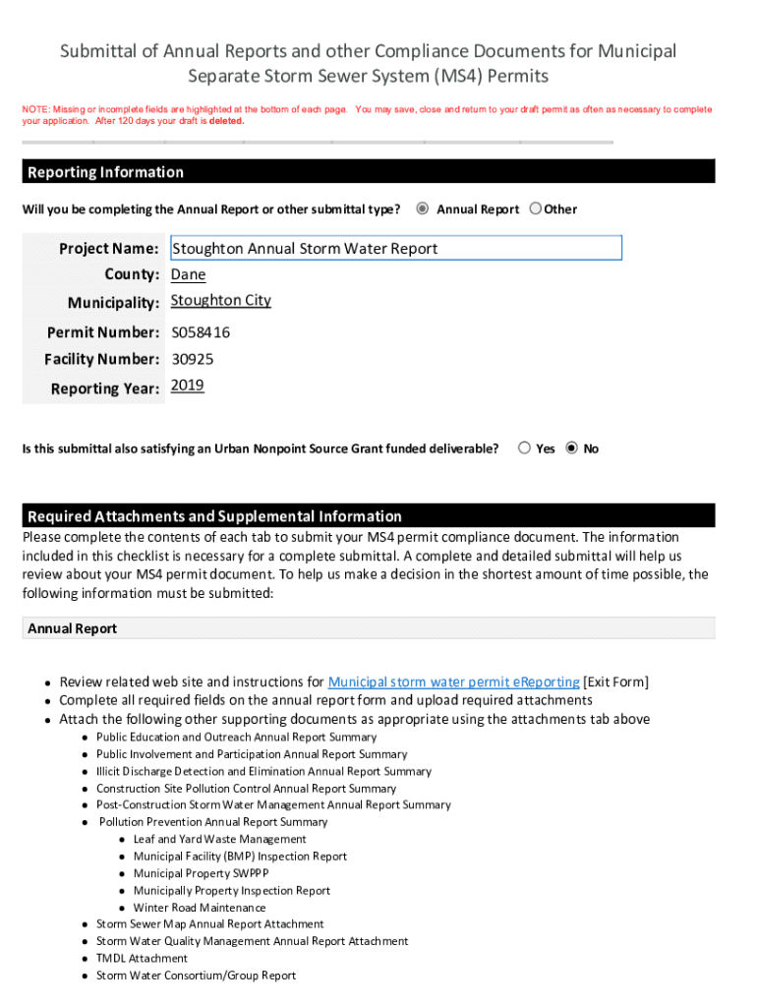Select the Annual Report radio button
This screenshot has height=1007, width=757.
click(x=423, y=208)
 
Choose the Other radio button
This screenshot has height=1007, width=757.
click(x=536, y=208)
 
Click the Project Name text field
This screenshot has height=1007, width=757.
click(x=395, y=248)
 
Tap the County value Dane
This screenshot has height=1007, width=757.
click(x=188, y=274)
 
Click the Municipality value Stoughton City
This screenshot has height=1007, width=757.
click(x=220, y=300)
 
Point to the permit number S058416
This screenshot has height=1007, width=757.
click(x=201, y=332)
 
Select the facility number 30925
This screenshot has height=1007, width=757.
click(x=192, y=359)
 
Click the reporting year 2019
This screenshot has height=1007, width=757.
click(x=187, y=385)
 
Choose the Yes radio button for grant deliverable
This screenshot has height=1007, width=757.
click(x=524, y=448)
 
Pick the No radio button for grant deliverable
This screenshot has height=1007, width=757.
click(x=572, y=448)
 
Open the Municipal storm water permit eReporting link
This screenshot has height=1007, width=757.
click(x=453, y=681)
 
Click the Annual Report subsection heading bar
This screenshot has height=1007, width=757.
click(x=368, y=628)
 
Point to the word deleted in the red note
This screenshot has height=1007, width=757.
click(x=225, y=122)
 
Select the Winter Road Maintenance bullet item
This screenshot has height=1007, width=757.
click(x=200, y=908)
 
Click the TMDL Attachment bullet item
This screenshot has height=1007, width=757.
click(x=142, y=958)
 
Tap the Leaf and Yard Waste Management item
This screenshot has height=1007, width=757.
click(x=219, y=839)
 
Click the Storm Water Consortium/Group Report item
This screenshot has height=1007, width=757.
click(x=196, y=976)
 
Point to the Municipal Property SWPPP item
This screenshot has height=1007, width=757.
click(x=201, y=873)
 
